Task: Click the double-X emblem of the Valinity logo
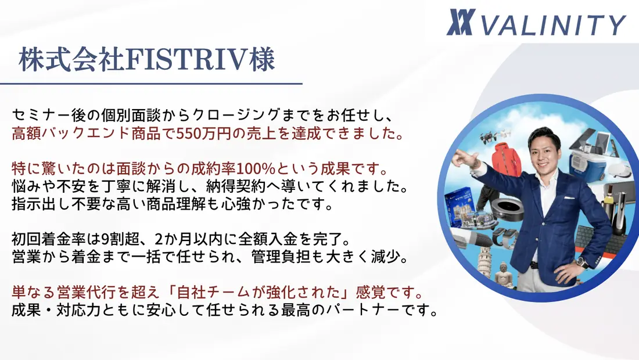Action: (461, 23)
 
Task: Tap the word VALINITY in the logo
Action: (553, 25)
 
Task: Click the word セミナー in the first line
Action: (41, 116)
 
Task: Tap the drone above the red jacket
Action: (495, 137)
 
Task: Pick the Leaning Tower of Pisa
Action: (485, 261)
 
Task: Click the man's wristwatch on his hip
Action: (581, 262)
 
